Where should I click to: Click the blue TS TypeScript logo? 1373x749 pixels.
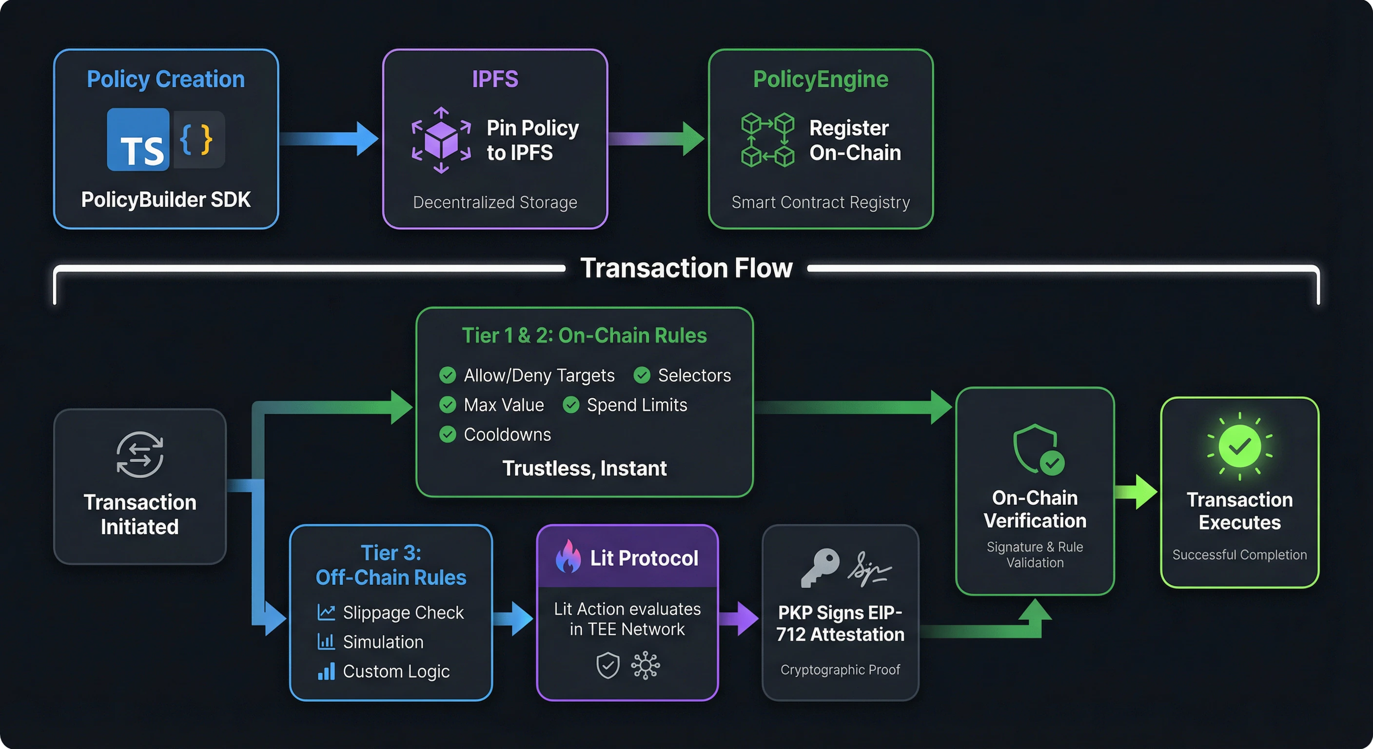[x=138, y=139]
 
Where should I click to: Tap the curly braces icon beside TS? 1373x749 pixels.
[x=197, y=139]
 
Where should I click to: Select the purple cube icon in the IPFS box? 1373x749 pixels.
[x=441, y=139]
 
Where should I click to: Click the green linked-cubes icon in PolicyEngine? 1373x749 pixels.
[x=767, y=139]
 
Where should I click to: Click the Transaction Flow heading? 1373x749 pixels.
[x=686, y=268]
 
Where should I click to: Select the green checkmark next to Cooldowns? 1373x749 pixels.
[x=447, y=434]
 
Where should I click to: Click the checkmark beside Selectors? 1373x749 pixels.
[x=642, y=375]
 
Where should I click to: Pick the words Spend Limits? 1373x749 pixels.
[x=636, y=405]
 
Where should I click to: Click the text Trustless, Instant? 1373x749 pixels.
[x=584, y=468]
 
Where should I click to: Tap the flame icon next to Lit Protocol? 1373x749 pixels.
[x=568, y=556]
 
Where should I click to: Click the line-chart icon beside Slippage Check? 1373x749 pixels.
[x=326, y=612]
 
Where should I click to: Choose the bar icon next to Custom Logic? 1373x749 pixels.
[x=326, y=671]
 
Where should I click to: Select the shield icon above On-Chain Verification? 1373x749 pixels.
[x=1037, y=449]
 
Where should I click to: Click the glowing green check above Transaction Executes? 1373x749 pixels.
[x=1239, y=446]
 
